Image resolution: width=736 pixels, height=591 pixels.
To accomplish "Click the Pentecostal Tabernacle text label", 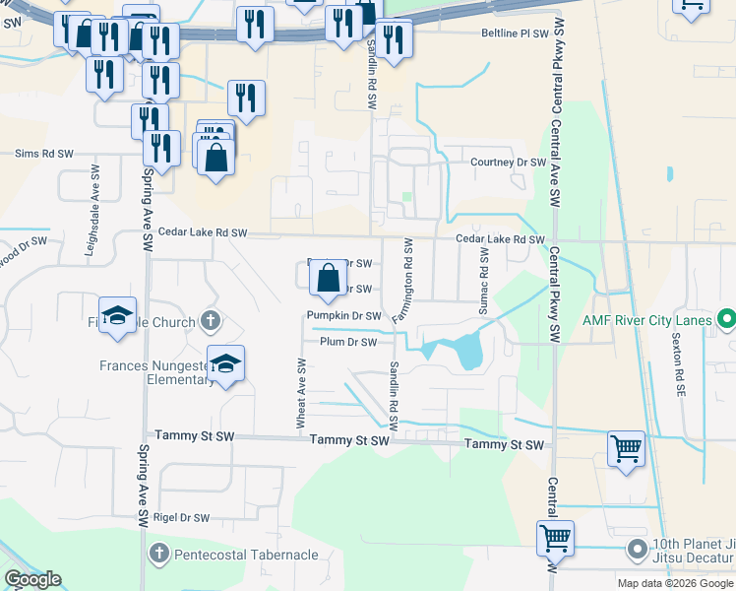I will pyautogui.click(x=246, y=555).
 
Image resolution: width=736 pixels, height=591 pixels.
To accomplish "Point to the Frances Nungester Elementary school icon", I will pyautogui.click(x=226, y=365).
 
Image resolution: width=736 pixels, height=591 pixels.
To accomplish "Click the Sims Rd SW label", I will pyautogui.click(x=44, y=154).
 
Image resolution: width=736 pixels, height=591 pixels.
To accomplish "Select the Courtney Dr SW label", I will pyautogui.click(x=508, y=162).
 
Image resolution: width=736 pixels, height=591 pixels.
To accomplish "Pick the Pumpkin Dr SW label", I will pyautogui.click(x=343, y=315).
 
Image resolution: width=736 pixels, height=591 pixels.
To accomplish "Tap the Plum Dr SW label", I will pyautogui.click(x=347, y=342).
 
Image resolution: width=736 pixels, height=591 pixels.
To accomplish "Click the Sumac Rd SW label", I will pyautogui.click(x=483, y=281).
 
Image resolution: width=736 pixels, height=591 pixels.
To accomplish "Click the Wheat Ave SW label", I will pyautogui.click(x=302, y=392).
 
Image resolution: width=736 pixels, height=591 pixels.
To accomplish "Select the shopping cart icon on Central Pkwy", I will pyautogui.click(x=555, y=539).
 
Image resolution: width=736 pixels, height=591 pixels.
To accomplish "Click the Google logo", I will pyautogui.click(x=31, y=579).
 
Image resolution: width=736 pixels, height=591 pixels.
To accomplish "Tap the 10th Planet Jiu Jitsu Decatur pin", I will pyautogui.click(x=638, y=549).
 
